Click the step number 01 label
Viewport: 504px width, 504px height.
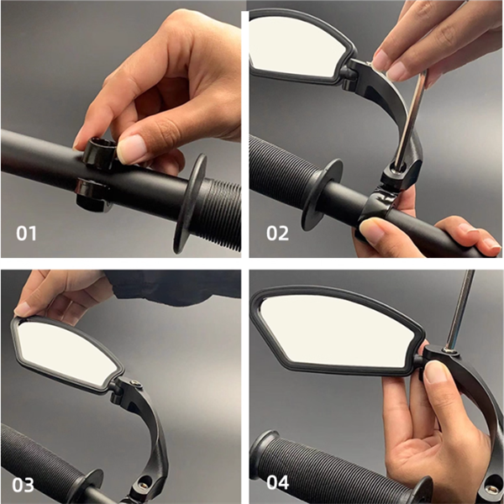click(x=26, y=234)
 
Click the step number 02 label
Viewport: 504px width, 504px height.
click(x=277, y=234)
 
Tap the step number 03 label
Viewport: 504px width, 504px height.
click(x=23, y=485)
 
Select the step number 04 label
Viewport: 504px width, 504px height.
click(x=278, y=483)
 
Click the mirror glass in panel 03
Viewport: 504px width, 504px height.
click(x=65, y=353)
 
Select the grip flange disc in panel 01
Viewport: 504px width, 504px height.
click(x=190, y=202)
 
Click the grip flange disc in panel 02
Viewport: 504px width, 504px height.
click(x=322, y=195)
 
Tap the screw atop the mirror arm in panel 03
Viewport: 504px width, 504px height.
click(x=135, y=384)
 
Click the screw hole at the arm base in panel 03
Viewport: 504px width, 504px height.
click(x=144, y=483)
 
